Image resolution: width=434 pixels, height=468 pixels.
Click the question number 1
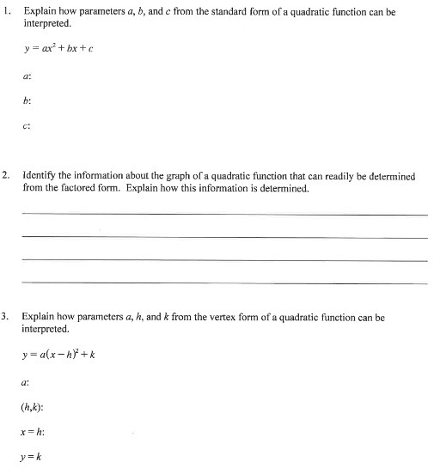coord(6,14)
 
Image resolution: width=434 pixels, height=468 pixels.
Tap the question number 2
coord(6,176)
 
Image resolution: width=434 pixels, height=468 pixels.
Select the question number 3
coord(6,317)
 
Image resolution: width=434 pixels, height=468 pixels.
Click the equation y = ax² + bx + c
coord(58,47)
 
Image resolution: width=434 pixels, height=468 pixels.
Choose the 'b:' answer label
coord(28,100)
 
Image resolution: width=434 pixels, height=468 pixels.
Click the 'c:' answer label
coord(28,125)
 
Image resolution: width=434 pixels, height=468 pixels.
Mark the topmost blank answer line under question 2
coord(223,214)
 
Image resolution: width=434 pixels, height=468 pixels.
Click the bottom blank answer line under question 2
coord(223,283)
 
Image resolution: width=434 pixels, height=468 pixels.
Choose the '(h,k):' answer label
coord(35,410)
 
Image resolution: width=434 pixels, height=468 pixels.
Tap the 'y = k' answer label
coord(33,456)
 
